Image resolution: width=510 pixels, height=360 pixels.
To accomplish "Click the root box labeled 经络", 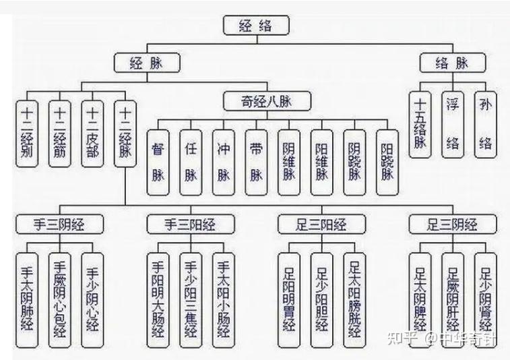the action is pos(255,26).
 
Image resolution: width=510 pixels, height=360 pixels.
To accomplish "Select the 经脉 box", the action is pos(146,63).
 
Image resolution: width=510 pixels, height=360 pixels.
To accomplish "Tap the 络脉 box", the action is pos(452,63).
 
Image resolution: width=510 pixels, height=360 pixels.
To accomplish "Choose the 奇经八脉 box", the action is pos(267,102).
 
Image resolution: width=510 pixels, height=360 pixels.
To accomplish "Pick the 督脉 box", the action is pos(158,160).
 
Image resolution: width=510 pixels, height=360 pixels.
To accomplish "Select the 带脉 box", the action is pos(256,160).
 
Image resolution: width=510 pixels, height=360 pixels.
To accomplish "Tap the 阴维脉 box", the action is pos(289,160).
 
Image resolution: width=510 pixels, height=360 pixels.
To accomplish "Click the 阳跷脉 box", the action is pos(387,160).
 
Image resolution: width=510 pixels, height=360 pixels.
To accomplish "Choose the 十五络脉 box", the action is pos(420,123).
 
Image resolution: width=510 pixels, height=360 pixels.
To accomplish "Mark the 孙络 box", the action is pos(485,123).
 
